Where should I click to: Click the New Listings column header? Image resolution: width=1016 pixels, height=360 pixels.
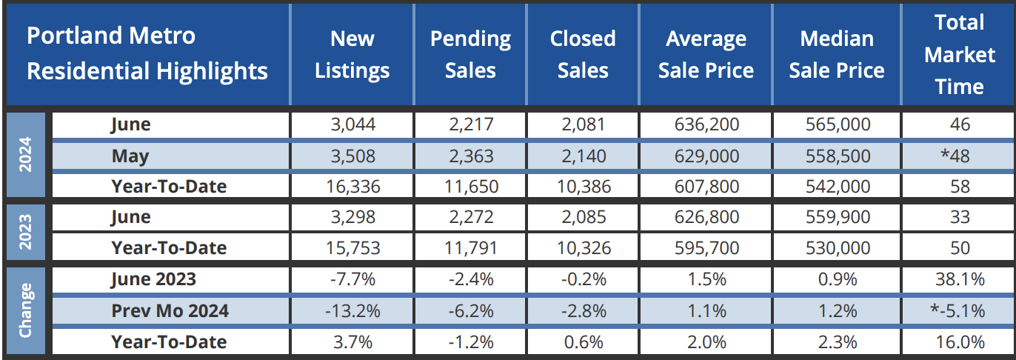tap(352, 54)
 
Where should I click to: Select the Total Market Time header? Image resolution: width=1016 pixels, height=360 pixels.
tap(959, 54)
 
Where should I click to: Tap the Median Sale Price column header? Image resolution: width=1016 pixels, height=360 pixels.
tap(837, 54)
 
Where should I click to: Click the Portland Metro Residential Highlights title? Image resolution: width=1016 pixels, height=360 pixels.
tap(147, 54)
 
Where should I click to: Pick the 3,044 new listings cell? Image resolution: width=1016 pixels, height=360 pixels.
tap(352, 124)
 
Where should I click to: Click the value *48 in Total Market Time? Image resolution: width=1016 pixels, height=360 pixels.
tap(959, 156)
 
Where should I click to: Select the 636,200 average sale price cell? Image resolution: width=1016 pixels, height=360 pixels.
tap(706, 124)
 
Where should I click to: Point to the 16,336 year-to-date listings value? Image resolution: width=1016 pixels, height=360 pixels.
tap(352, 187)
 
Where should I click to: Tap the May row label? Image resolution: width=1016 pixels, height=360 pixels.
tap(130, 156)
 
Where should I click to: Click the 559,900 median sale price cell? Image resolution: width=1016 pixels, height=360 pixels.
tap(837, 217)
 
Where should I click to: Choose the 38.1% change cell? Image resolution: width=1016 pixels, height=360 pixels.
tap(959, 279)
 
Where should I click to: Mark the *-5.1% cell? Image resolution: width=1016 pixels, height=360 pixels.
tap(959, 310)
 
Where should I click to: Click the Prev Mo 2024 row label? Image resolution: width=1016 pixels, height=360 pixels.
tap(170, 310)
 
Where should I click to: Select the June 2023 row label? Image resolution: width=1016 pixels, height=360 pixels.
tap(153, 279)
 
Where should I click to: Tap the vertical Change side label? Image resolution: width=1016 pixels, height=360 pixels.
tap(26, 310)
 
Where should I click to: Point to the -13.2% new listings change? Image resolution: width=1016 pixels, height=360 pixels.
tap(352, 310)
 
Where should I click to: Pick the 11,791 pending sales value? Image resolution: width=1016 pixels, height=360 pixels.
tap(470, 248)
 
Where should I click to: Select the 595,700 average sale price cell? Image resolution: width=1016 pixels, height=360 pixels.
tap(706, 248)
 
